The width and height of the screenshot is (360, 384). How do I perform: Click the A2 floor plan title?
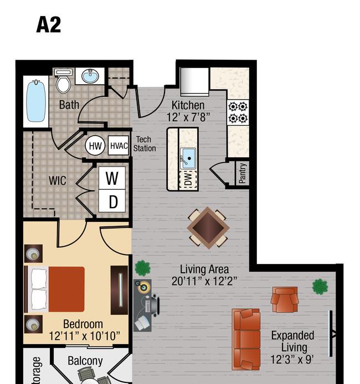(x=49, y=25)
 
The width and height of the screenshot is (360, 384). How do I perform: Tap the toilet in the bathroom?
(x=64, y=81)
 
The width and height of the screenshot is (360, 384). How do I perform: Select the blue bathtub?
(x=36, y=101)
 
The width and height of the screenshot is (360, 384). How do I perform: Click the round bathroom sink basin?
(x=90, y=76)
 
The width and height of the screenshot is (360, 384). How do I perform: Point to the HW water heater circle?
(x=95, y=146)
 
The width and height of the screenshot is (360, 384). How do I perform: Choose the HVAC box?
(x=119, y=146)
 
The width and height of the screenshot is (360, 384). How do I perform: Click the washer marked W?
(x=112, y=178)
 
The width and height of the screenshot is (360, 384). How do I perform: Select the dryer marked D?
(x=112, y=201)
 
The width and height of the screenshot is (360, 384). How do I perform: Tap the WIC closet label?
(x=58, y=181)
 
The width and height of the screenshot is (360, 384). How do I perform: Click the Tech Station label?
(x=145, y=144)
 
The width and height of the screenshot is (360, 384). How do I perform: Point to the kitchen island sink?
(x=188, y=158)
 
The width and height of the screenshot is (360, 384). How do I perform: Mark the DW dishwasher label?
(x=188, y=179)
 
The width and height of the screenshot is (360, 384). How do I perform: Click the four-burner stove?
(x=238, y=113)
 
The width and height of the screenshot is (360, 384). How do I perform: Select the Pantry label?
(x=242, y=173)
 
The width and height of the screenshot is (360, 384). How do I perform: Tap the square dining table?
(x=208, y=228)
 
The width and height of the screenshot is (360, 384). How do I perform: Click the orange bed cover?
(x=66, y=289)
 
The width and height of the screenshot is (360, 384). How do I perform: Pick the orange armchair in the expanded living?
(x=284, y=299)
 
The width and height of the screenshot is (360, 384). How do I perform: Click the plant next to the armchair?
(x=320, y=287)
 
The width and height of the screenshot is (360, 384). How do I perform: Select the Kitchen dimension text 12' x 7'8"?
(x=188, y=117)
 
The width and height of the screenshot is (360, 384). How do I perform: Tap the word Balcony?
(x=85, y=361)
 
